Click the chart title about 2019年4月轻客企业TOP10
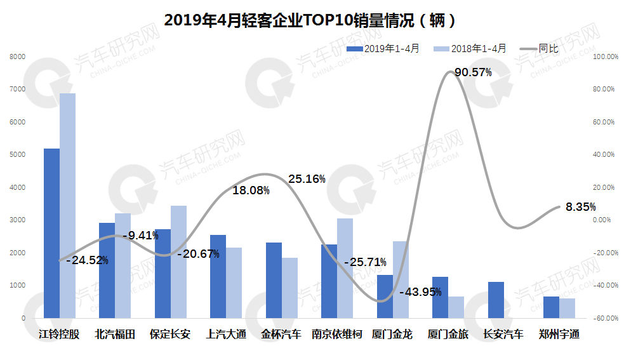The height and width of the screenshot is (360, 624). (x=310, y=20)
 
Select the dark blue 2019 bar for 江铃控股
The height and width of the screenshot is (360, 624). (x=51, y=233)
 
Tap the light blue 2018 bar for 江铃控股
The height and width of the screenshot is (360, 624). (x=67, y=206)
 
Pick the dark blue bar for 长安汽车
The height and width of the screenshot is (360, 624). (x=496, y=300)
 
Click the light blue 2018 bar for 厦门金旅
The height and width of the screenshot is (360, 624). (x=456, y=307)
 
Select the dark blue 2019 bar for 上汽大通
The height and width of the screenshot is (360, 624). (x=218, y=276)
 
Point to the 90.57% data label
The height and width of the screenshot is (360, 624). (x=473, y=72)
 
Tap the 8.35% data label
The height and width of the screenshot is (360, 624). (x=580, y=206)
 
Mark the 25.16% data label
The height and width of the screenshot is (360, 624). (x=307, y=179)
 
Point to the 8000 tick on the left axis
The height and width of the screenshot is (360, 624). (x=17, y=57)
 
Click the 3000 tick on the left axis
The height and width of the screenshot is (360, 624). (x=17, y=220)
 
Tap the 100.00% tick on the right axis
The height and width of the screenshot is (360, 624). (x=605, y=57)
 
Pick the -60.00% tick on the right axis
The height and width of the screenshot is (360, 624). (x=605, y=318)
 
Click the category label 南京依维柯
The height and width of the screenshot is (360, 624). (x=336, y=334)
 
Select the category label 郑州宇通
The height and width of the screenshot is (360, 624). (x=559, y=334)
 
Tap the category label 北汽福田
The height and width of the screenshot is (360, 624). (x=115, y=334)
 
